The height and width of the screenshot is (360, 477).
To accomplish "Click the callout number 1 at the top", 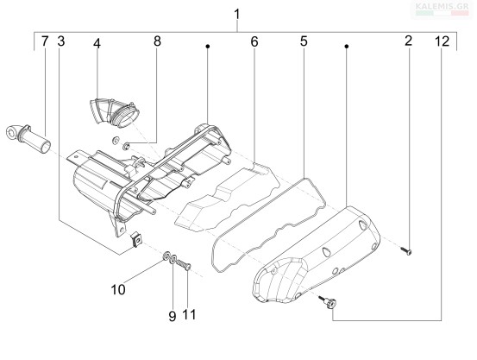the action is (237, 14).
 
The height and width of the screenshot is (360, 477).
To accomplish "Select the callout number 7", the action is (45, 41).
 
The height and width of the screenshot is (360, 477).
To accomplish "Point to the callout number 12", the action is (442, 41).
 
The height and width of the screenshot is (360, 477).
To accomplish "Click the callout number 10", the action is (118, 290).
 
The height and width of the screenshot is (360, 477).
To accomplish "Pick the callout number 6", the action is (254, 41).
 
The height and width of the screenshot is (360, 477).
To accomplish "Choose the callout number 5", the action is (304, 41).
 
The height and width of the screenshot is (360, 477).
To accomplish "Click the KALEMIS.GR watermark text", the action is (442, 5).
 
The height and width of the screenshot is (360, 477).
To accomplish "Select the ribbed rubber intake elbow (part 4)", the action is (114, 111).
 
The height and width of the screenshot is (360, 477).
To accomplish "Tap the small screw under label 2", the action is (405, 251).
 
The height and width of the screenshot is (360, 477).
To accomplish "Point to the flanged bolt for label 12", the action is (328, 302).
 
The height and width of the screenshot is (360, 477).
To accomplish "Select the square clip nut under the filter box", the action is (136, 240).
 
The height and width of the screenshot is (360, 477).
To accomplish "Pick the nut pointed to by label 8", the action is (126, 147).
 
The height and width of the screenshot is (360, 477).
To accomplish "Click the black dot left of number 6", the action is (208, 47).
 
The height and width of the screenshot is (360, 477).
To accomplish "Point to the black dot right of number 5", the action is (346, 47).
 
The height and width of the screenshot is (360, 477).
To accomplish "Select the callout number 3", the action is (61, 41).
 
